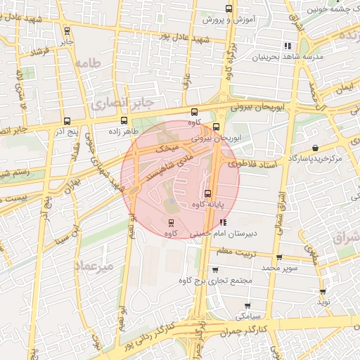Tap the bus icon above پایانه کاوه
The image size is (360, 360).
click(207, 193)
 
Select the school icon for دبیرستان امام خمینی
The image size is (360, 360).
click(224, 222)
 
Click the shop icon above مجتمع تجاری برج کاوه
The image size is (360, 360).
click(215, 270)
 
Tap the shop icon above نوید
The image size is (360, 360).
click(323, 290)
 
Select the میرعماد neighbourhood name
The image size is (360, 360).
click(94, 266)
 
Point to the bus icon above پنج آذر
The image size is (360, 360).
click(67, 120)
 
